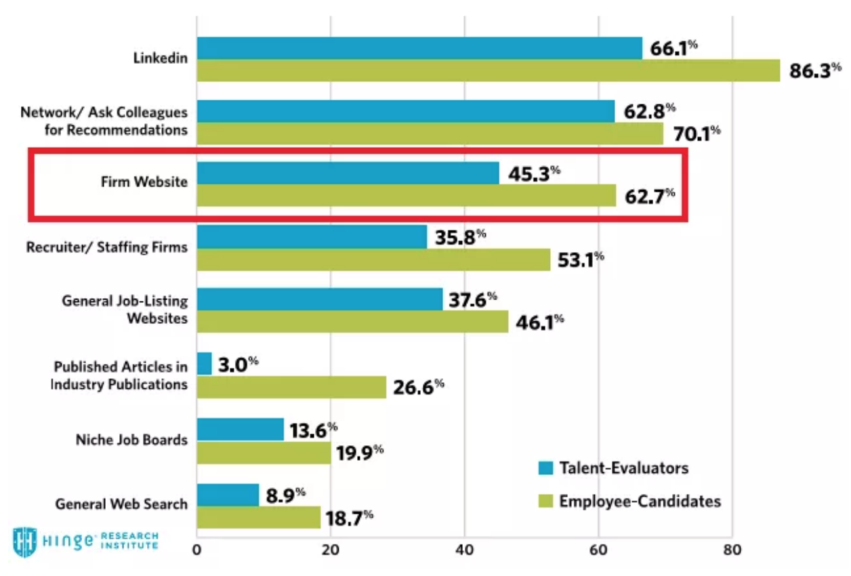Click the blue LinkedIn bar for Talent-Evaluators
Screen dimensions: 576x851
[419, 48]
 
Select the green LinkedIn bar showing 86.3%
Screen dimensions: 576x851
[488, 70]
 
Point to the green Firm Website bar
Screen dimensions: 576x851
[407, 195]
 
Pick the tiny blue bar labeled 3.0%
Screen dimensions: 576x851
[204, 363]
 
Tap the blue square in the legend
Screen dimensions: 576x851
[546, 468]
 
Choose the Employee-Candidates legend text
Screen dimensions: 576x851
[640, 501]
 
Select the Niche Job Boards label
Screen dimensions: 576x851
[131, 440]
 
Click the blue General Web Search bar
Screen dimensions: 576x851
[228, 495]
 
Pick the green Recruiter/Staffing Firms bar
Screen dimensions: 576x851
[373, 260]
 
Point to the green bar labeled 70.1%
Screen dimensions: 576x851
[430, 133]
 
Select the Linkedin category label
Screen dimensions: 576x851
[160, 58]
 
